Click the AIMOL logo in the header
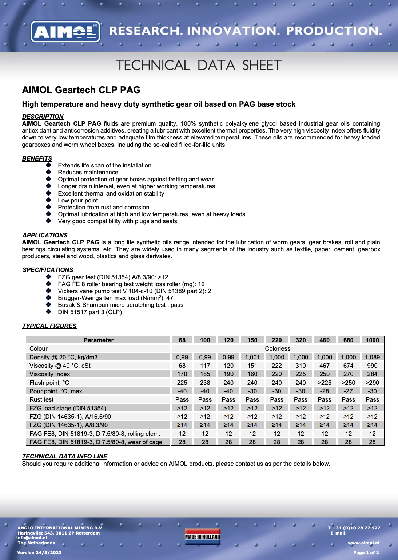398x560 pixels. click(65, 32)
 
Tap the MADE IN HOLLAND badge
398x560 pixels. click(202, 537)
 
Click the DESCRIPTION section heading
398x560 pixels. click(43, 117)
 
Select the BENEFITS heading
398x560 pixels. click(37, 158)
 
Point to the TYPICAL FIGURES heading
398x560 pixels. click(49, 326)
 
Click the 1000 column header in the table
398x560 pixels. click(372, 340)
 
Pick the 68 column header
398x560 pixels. click(182, 340)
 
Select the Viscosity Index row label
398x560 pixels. click(49, 374)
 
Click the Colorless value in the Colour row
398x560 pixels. click(277, 348)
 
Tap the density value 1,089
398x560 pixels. click(372, 357)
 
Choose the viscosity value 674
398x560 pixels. click(348, 366)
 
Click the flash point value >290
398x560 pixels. click(372, 383)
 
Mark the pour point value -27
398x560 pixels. click(348, 391)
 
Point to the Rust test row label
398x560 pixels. click(41, 399)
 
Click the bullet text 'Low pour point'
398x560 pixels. click(78, 200)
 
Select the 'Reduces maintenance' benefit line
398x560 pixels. click(88, 172)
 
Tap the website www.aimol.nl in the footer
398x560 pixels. click(363, 543)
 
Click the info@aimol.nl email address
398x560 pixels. click(32, 538)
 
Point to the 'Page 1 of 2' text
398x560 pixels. click(366, 553)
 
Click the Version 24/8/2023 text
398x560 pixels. click(39, 553)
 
